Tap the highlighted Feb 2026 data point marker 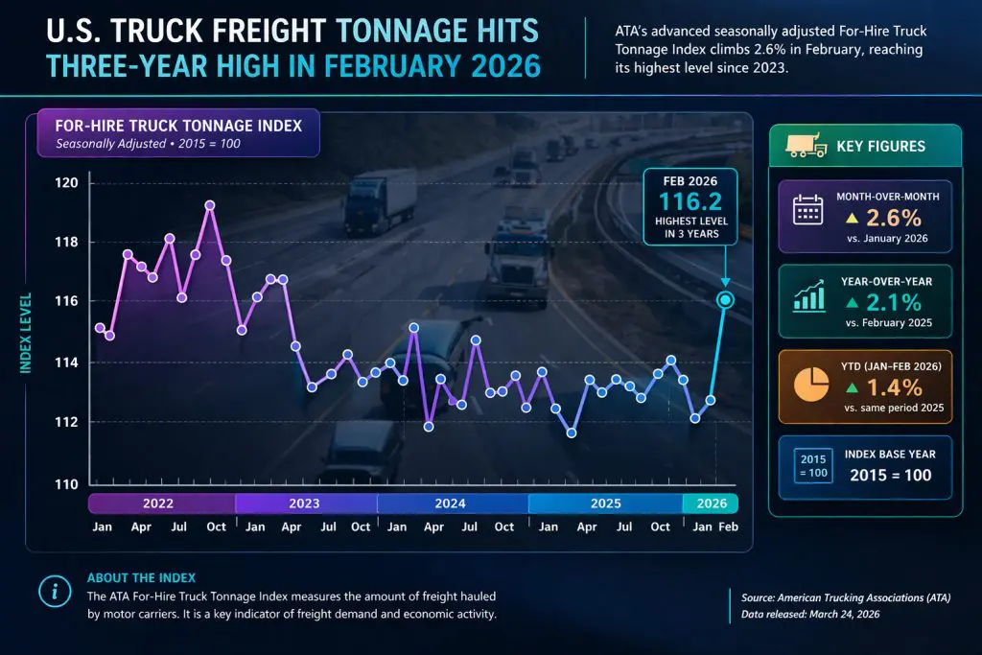[x=725, y=300]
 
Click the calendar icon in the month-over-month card [x=808, y=211]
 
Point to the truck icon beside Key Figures [x=806, y=146]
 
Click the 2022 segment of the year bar [x=158, y=503]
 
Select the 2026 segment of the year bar [x=711, y=503]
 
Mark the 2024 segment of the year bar [x=451, y=503]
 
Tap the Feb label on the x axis [x=728, y=527]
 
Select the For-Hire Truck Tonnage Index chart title [x=178, y=126]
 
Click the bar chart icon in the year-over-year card [x=809, y=297]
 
